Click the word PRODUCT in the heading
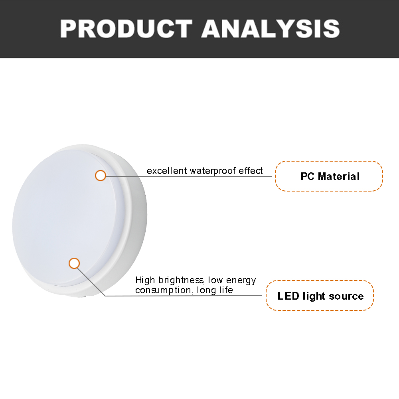tap(126, 29)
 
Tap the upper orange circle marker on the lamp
tap(101, 176)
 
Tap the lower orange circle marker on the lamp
tap(74, 263)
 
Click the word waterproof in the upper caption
tap(213, 171)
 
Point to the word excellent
tap(167, 171)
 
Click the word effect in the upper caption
tap(251, 171)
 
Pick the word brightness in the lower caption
tap(181, 280)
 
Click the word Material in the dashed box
tap(339, 176)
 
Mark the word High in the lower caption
tap(145, 280)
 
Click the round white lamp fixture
tap(80, 221)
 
